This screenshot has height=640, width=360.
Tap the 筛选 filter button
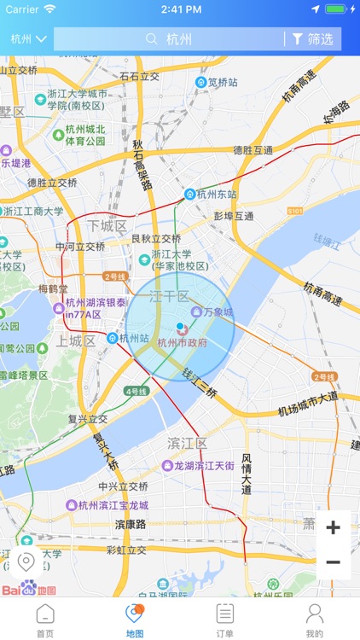[x=312, y=39]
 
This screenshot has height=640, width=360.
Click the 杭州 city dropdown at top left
[x=28, y=39]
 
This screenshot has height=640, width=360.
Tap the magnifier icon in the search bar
[x=152, y=39]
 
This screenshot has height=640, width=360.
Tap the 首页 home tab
[x=44, y=620]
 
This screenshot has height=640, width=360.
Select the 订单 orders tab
[x=224, y=620]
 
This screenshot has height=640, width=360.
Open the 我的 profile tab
[x=315, y=620]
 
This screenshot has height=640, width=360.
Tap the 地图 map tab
[x=135, y=620]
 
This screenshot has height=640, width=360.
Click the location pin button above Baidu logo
[x=26, y=562]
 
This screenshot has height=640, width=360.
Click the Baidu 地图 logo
[x=28, y=590]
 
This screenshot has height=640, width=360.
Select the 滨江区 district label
[x=187, y=444]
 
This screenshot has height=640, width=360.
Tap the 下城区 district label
[x=107, y=226]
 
